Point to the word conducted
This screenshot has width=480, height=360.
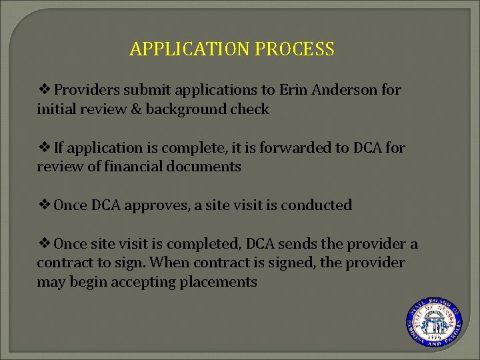tap(317, 205)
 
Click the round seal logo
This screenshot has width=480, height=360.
tap(434, 321)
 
